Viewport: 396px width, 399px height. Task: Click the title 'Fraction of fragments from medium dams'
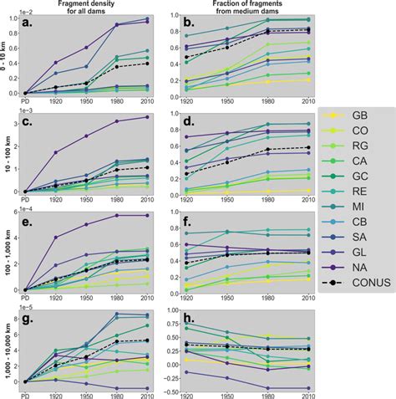point(246,7)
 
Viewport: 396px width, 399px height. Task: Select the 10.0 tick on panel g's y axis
point(17,312)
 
